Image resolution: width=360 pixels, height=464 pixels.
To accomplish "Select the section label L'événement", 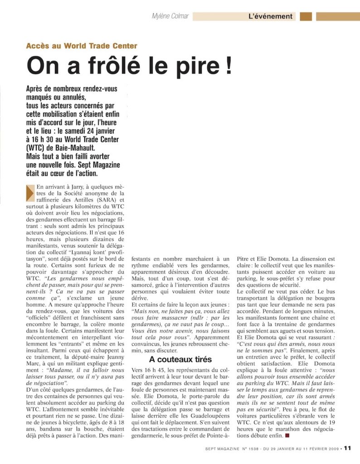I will [270, 17].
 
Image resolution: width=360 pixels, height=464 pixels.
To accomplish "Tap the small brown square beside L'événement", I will [306, 17].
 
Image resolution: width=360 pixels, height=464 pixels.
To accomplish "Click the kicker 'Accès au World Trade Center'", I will [82, 46].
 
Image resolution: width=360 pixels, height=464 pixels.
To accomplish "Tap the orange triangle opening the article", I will [30, 192].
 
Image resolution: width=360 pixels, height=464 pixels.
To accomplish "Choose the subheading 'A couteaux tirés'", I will [180, 360].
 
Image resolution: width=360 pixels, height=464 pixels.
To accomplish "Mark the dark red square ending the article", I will [287, 435].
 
